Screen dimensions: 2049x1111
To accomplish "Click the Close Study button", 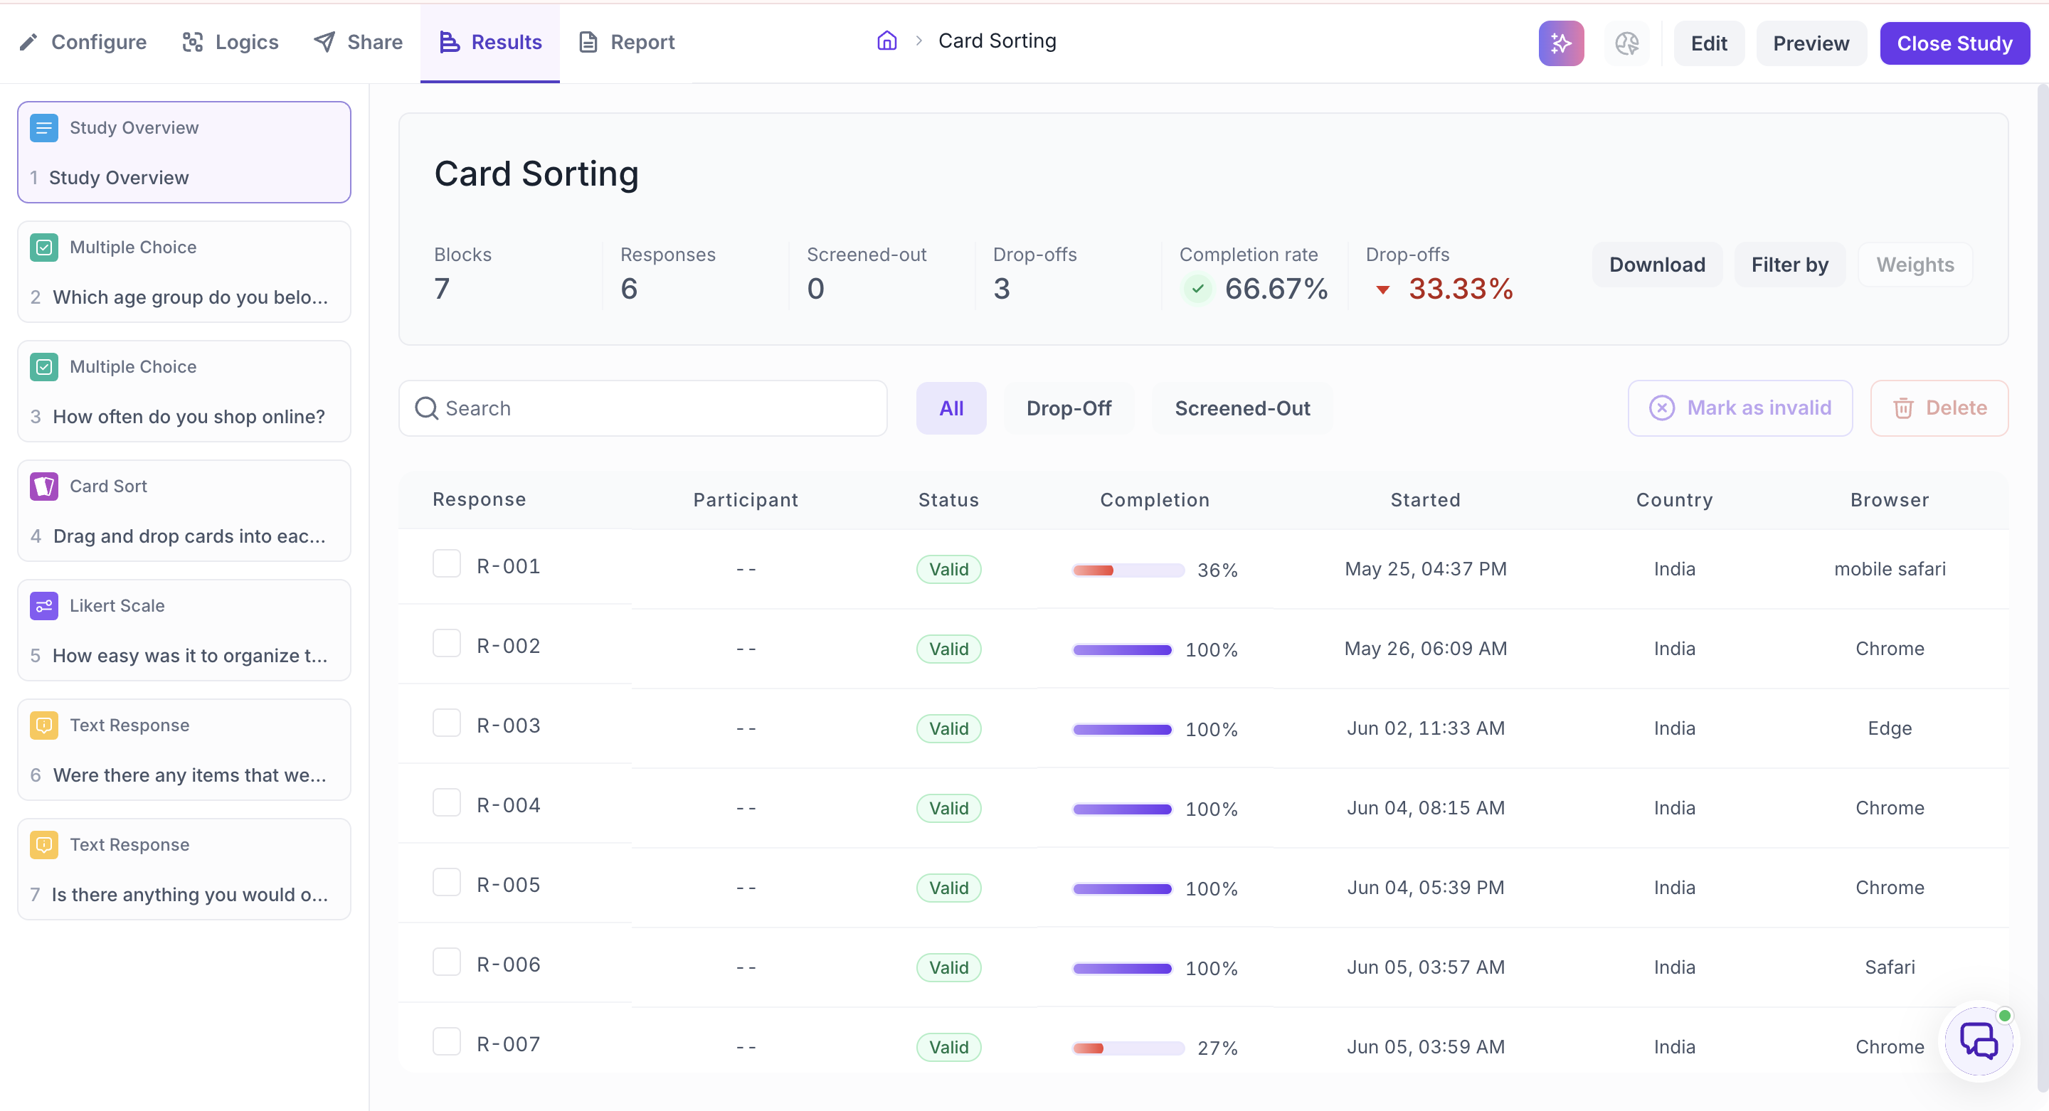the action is point(1954,43).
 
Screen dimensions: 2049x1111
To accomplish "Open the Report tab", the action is point(627,42).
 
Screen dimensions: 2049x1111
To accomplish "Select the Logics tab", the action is point(231,42).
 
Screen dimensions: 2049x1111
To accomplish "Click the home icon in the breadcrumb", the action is point(887,41).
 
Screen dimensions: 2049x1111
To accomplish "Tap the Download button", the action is point(1657,265).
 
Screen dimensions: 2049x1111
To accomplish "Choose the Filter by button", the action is point(1790,265).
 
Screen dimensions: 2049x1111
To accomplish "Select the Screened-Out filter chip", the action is point(1241,408).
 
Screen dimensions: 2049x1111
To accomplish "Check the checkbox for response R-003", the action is point(446,723).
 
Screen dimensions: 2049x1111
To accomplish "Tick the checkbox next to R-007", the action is point(446,1042).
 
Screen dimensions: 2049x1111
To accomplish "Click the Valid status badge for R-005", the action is point(948,888).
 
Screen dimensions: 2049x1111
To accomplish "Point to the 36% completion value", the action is point(1217,570).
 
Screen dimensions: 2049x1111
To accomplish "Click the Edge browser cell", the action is point(1889,728).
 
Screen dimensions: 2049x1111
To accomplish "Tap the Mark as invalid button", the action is point(1740,408).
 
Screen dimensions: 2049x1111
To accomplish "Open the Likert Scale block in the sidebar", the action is point(184,630).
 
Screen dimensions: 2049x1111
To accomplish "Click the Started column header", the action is point(1424,500).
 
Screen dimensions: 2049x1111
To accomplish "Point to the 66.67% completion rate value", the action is point(1276,289).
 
